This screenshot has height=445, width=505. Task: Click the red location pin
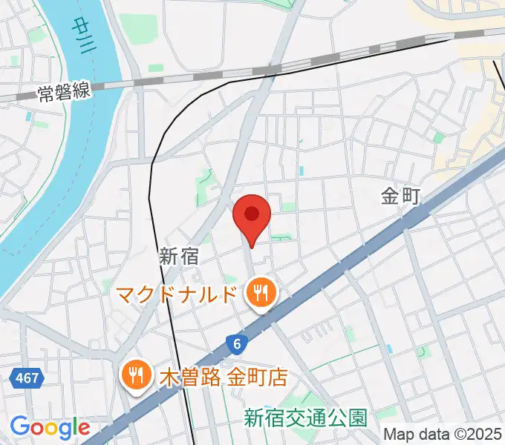pyautogui.click(x=252, y=220)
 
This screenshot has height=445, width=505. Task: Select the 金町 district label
pyautogui.click(x=401, y=197)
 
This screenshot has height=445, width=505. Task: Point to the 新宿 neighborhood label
pyautogui.click(x=179, y=257)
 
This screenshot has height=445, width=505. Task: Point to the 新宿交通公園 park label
pyautogui.click(x=306, y=418)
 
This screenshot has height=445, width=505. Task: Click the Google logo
pyautogui.click(x=50, y=427)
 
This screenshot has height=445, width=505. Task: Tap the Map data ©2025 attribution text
pyautogui.click(x=443, y=434)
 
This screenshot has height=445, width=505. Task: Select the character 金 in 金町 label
pyautogui.click(x=391, y=197)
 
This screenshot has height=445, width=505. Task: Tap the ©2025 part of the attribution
pyautogui.click(x=475, y=434)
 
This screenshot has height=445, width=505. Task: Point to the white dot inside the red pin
pyautogui.click(x=252, y=214)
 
